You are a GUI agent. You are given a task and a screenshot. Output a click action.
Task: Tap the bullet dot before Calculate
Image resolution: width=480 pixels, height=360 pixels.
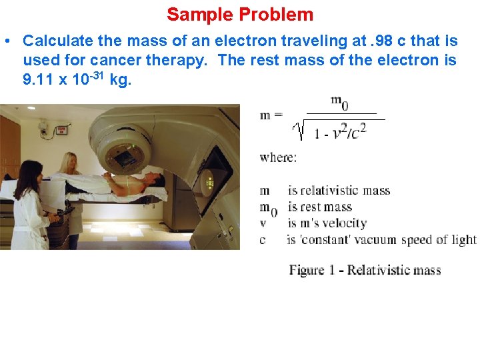6,41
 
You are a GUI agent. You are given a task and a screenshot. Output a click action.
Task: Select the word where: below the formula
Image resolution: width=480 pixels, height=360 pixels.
278,158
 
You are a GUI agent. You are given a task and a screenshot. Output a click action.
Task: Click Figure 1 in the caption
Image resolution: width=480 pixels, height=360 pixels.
311,270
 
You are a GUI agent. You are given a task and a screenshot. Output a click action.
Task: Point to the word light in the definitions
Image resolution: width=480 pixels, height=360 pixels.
462,239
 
